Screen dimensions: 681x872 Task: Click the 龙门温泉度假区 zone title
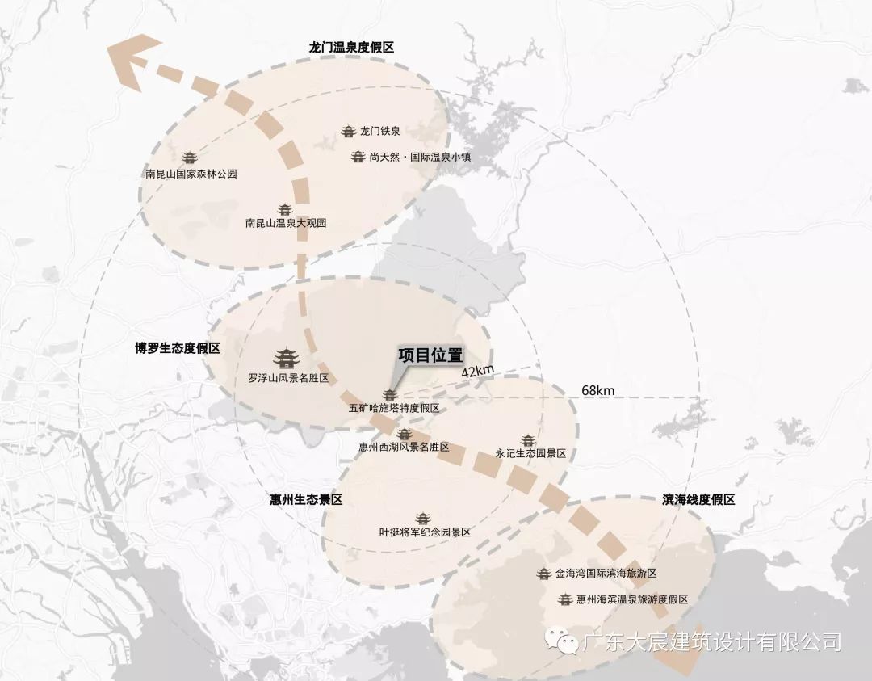(351, 48)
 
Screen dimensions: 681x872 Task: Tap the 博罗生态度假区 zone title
(178, 349)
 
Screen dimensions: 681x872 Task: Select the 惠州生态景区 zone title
(306, 500)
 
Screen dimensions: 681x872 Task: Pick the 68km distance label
(597, 390)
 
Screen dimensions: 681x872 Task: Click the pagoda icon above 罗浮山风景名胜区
(284, 357)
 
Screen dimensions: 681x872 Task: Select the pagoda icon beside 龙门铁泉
(349, 131)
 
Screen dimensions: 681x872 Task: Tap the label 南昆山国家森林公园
(191, 174)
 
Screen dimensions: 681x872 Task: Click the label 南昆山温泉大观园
(286, 223)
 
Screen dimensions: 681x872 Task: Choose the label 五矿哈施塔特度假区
(394, 409)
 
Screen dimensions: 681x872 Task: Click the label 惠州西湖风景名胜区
(404, 447)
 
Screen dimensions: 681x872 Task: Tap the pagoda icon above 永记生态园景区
(529, 439)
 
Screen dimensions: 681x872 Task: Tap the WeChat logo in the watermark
(561, 641)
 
